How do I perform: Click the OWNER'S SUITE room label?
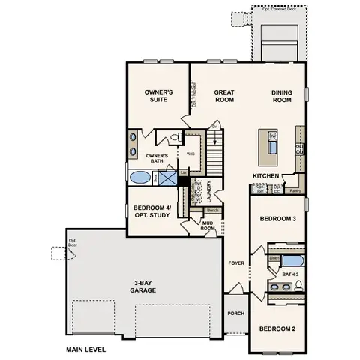tap(158, 95)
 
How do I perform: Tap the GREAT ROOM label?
tap(224, 95)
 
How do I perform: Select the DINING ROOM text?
tap(281, 95)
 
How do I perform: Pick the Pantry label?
tap(295, 190)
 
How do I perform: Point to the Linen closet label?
tap(274, 258)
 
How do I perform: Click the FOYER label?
tap(236, 263)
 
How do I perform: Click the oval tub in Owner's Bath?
tap(140, 178)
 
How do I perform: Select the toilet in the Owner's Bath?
tap(174, 138)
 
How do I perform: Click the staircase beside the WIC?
tap(215, 158)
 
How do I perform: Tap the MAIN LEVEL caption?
tap(85, 349)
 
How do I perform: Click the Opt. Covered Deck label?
tap(278, 10)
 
